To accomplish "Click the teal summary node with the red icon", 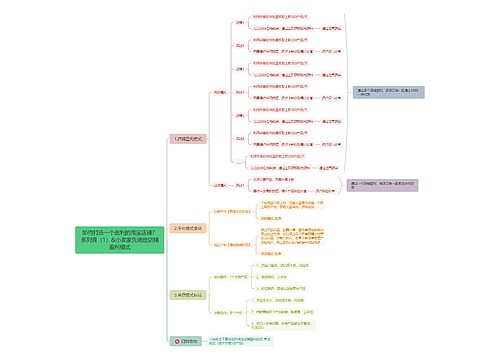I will click(184, 340).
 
